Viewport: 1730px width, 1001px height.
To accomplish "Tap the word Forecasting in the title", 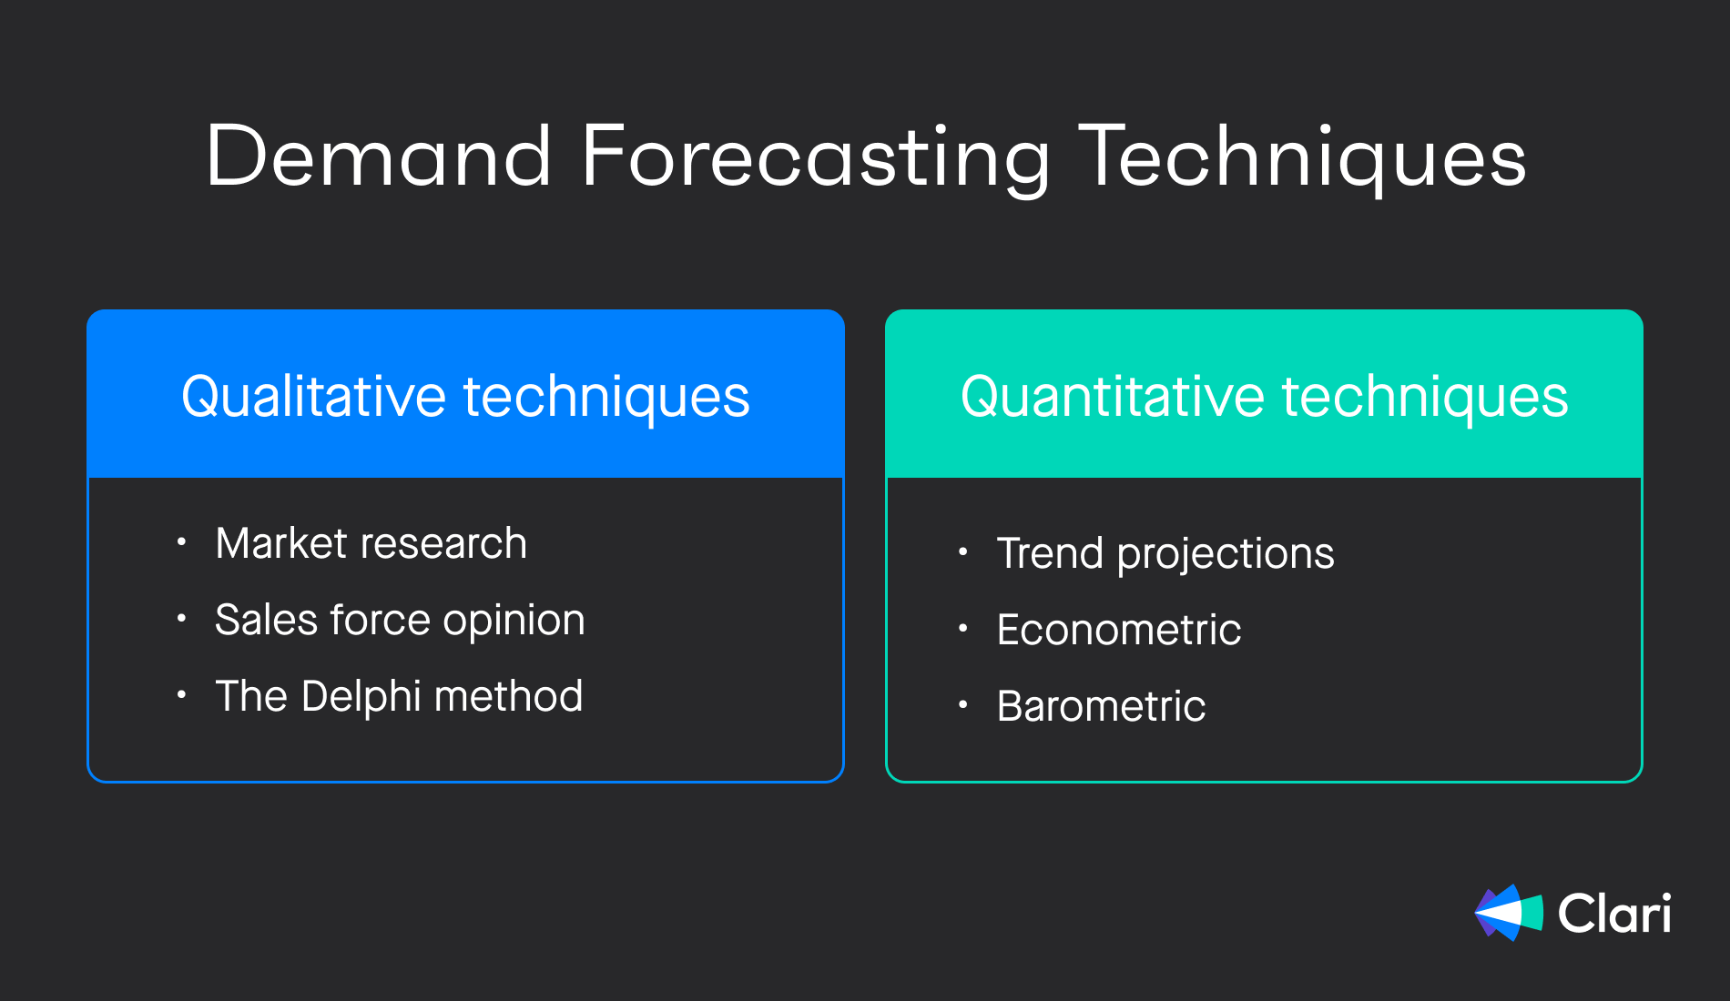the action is point(816,160).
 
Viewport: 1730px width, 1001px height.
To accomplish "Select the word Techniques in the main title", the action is point(1303,158).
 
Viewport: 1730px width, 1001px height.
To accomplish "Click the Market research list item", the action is point(371,543).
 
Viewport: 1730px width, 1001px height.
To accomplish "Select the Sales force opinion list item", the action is point(400,621).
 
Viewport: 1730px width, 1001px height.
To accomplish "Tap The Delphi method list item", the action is point(399,696).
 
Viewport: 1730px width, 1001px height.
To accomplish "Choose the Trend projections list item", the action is point(1165,553).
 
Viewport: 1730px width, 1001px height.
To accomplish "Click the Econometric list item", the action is point(1119,630).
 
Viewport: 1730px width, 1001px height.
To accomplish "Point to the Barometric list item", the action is point(1101,706).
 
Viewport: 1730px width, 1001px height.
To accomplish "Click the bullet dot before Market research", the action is point(182,543).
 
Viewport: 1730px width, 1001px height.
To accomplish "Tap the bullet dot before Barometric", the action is point(963,705).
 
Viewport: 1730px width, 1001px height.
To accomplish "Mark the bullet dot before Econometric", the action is point(963,629).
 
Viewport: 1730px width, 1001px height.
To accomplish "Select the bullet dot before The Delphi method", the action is point(182,696).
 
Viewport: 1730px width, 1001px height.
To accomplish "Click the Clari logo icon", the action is point(1509,913).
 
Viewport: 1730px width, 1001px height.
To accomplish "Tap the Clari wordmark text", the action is point(1614,913).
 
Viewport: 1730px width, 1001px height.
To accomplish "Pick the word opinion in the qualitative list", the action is point(514,622).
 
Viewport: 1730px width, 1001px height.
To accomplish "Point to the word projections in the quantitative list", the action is point(1226,555).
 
